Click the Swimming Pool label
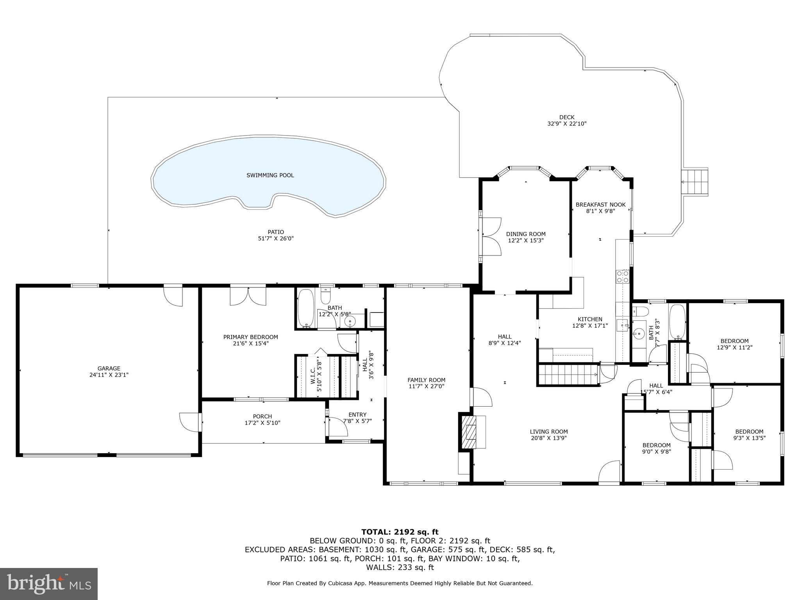click(270, 175)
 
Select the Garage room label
click(109, 368)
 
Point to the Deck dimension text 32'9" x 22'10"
click(567, 124)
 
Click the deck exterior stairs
click(695, 182)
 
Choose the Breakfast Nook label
click(600, 205)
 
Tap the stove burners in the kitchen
click(622, 277)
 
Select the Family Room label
click(426, 380)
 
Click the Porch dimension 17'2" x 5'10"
click(262, 423)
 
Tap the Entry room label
click(357, 415)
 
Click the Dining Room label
click(526, 234)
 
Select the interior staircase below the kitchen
click(568, 375)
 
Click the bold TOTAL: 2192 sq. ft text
click(400, 532)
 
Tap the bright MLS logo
click(49, 584)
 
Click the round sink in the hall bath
click(639, 333)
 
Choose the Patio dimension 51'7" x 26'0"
click(276, 238)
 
